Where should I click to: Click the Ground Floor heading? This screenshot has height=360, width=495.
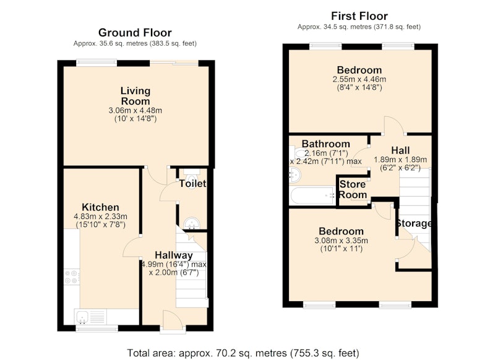135,33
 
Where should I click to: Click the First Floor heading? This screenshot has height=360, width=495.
359,16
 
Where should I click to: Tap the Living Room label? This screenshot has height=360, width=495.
136,96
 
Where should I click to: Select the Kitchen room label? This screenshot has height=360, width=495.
100,207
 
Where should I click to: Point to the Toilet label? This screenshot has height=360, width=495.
192,184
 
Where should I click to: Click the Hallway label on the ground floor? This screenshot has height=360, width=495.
174,255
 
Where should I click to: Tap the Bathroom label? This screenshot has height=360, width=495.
326,144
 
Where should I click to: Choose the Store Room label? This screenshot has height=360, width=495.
353,189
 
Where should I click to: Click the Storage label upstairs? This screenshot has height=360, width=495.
414,223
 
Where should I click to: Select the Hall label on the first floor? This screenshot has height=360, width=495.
400,150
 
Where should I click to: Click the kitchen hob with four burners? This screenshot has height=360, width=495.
72,276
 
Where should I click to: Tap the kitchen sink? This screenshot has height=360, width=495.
83,317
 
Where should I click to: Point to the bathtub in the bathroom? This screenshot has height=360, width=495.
312,195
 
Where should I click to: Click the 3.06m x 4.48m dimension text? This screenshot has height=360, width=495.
135,111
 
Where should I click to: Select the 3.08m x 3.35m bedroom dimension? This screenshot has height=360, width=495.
341,241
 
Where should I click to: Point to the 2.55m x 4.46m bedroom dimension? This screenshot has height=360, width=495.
359,79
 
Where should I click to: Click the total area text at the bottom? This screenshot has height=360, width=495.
243,353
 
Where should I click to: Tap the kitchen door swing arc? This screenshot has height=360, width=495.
129,247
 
